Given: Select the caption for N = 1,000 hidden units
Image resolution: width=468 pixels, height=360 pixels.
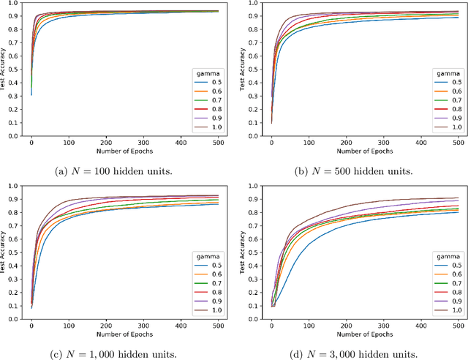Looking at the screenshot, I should point(121,354).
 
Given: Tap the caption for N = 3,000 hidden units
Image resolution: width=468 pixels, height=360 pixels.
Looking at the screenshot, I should point(354,354).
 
